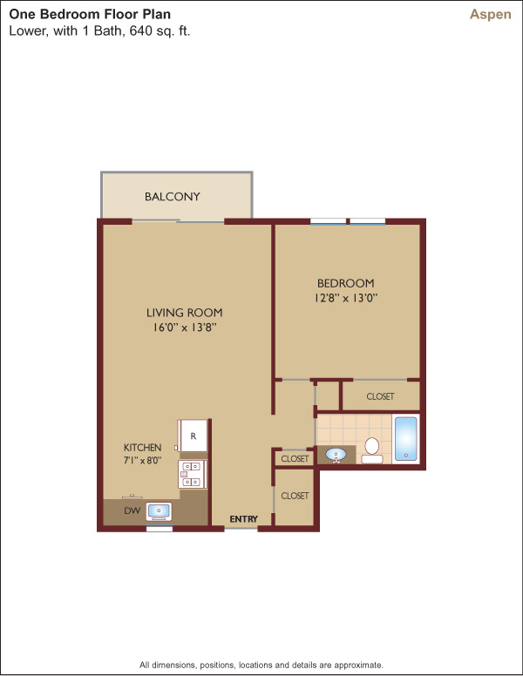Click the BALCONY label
[173, 197]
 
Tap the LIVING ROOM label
[184, 313]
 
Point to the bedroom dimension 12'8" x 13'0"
[346, 298]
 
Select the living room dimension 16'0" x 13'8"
[184, 328]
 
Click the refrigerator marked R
[193, 436]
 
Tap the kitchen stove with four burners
[193, 474]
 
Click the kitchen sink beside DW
[159, 511]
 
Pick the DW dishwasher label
[132, 510]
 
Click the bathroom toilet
[371, 450]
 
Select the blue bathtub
[405, 438]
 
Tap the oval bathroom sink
[336, 455]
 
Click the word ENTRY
[244, 519]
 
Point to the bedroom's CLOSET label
[380, 396]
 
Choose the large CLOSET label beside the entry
[295, 496]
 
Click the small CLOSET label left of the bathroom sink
[295, 459]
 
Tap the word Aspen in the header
[490, 15]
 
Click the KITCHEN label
[142, 448]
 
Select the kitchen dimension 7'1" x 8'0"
[142, 461]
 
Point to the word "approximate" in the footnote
[357, 666]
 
